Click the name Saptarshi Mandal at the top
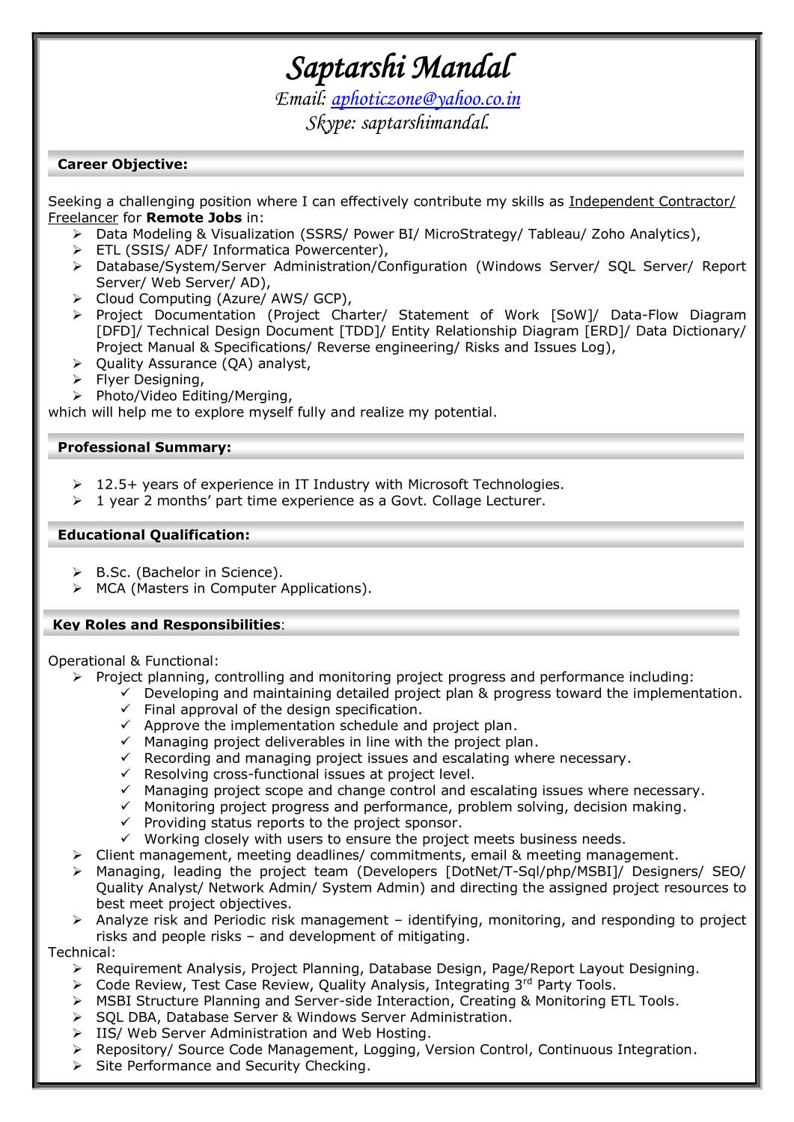coord(400,68)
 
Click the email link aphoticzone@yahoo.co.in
coord(425,99)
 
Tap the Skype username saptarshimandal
coord(425,123)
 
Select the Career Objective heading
coord(123,165)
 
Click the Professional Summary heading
coord(144,447)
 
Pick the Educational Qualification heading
coord(153,535)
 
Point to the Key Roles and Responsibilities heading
coord(166,625)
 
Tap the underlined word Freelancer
coord(83,218)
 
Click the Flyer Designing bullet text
coord(150,380)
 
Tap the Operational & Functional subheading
coord(133,661)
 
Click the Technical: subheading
coord(82,952)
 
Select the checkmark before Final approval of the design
coord(126,709)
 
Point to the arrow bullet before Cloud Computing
coord(77,299)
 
